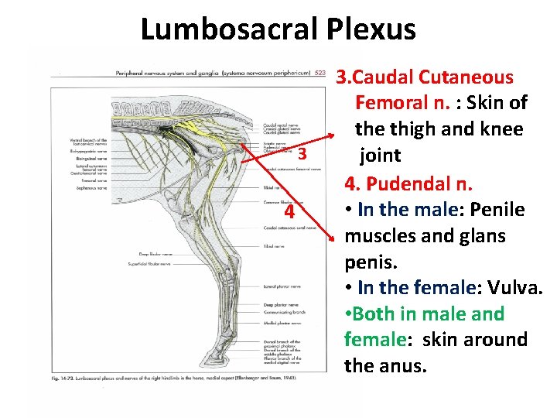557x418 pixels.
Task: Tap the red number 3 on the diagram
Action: click(x=302, y=155)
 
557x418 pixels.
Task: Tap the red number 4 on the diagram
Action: click(x=288, y=212)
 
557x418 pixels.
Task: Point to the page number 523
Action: click(x=320, y=74)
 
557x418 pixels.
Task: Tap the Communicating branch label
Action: click(x=280, y=312)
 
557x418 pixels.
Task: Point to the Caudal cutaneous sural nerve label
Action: click(x=289, y=228)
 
